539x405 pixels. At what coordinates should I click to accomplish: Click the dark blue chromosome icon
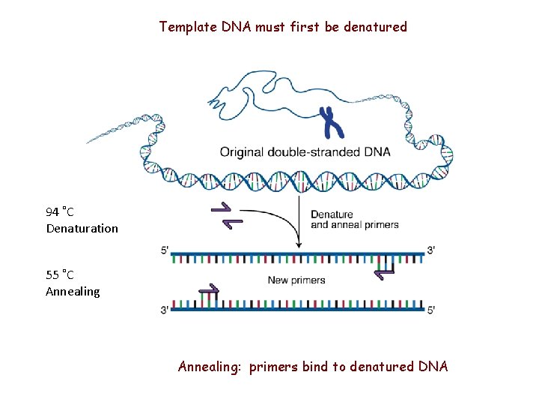click(330, 123)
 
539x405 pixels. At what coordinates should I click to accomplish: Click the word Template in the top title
click(187, 27)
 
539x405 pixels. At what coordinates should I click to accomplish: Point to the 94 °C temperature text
click(60, 212)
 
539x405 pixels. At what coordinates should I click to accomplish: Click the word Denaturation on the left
click(82, 228)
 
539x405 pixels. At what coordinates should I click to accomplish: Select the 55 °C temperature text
click(60, 275)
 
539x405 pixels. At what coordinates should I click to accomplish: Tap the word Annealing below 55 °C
click(73, 291)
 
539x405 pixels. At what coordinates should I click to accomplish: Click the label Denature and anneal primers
click(354, 220)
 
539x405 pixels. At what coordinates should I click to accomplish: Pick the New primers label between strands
click(296, 280)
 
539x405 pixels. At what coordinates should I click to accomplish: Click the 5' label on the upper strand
click(165, 250)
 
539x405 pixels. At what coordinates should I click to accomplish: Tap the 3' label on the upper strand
click(431, 250)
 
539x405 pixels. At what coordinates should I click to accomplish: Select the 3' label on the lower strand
click(165, 310)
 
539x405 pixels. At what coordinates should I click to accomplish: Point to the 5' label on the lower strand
click(431, 310)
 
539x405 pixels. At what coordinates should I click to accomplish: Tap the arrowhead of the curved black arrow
click(299, 244)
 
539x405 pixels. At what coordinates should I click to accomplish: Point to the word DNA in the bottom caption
click(433, 367)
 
